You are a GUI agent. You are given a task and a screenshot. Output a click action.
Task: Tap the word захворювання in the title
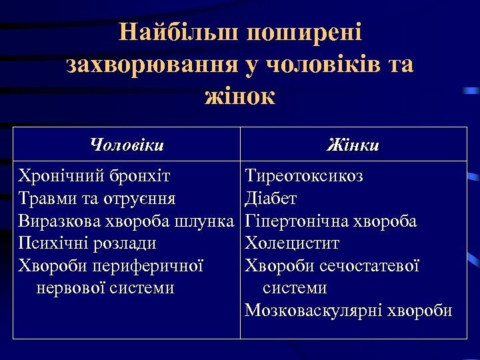pyautogui.click(x=157, y=64)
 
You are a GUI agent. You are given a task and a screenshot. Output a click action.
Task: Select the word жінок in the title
pyautogui.click(x=240, y=95)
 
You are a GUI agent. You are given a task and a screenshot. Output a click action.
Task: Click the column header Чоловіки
pyautogui.click(x=127, y=144)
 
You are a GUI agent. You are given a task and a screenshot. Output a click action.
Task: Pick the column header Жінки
pyautogui.click(x=353, y=144)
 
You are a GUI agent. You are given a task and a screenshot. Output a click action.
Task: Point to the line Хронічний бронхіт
pyautogui.click(x=95, y=176)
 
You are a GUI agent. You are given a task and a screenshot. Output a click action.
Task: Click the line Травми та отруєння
pyautogui.click(x=97, y=199)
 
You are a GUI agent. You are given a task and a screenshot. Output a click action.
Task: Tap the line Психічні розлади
pyautogui.click(x=88, y=243)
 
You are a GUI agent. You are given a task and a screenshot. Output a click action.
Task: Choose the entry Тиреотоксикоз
pyautogui.click(x=304, y=176)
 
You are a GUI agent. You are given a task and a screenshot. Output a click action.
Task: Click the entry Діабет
pyautogui.click(x=271, y=199)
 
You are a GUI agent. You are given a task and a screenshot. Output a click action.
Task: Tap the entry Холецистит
pyautogui.click(x=292, y=243)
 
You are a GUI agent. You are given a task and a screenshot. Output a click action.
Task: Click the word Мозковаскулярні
pyautogui.click(x=311, y=311)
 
